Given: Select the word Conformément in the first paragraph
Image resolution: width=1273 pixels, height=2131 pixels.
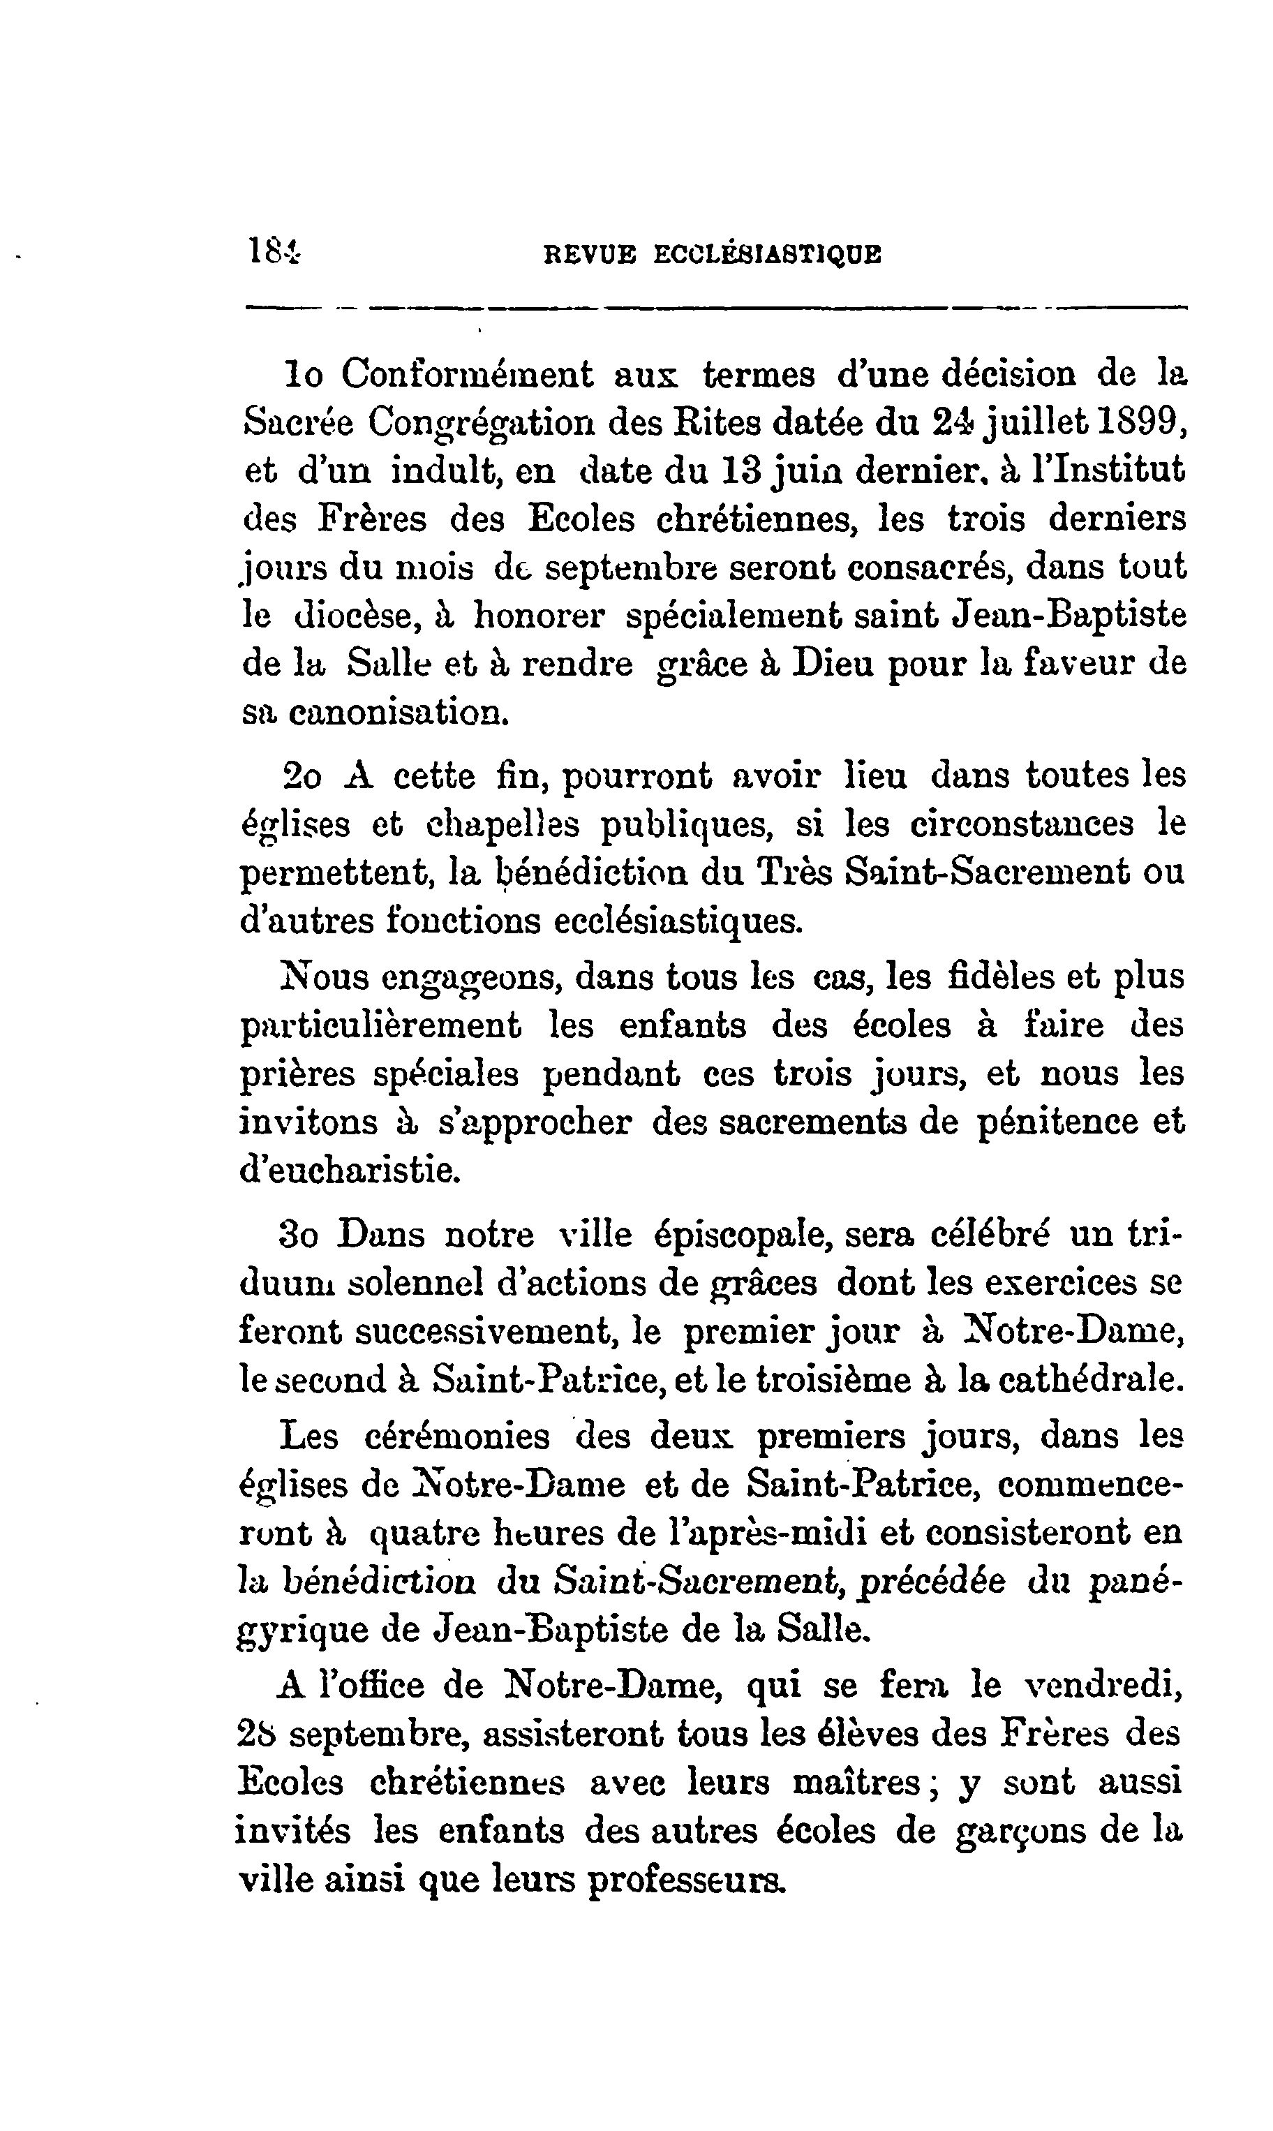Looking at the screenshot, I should click(x=468, y=375).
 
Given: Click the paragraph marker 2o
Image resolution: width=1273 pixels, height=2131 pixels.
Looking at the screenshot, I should click(x=301, y=775).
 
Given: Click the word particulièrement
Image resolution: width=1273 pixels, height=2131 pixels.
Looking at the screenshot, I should click(x=381, y=1026).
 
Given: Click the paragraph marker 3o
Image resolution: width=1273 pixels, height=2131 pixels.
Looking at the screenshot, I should click(x=299, y=1236).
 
